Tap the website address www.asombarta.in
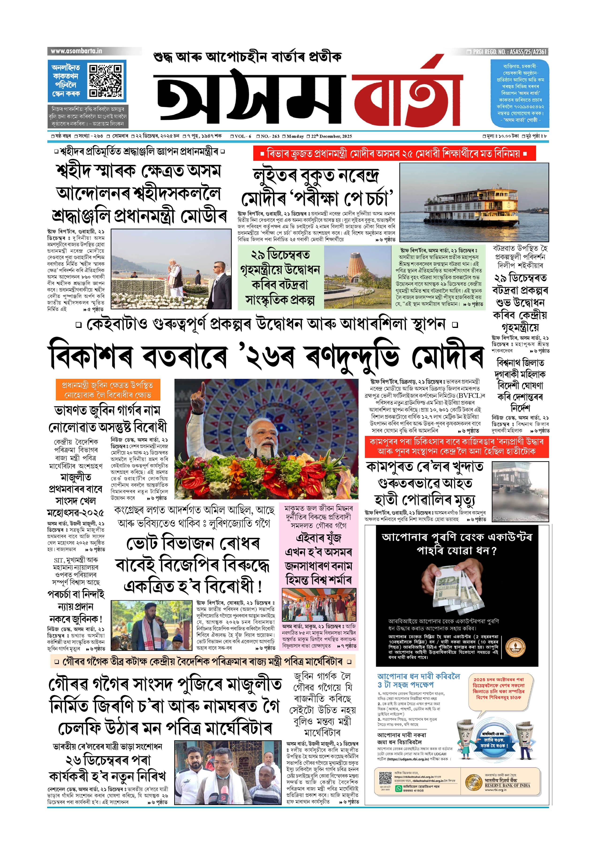point(76,51)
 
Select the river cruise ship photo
point(474,202)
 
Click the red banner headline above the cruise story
point(394,153)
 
